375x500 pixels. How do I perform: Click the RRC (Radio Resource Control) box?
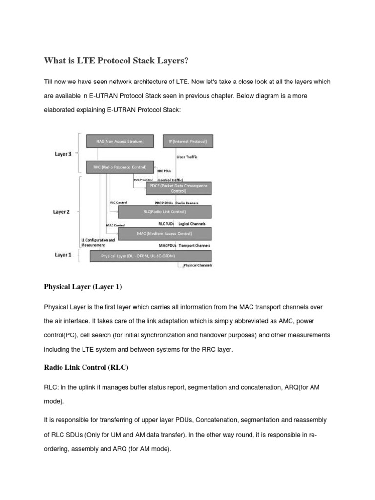point(120,167)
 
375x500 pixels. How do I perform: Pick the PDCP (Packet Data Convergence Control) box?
point(179,188)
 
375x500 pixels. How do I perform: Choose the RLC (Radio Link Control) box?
point(165,212)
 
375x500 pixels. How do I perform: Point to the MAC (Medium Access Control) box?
point(165,234)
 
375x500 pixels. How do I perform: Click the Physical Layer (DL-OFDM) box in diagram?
point(150,256)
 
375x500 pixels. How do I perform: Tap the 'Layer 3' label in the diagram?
point(63,154)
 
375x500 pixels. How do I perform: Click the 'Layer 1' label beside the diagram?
point(63,255)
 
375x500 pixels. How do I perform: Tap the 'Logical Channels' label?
point(192,224)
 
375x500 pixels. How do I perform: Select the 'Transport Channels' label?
point(195,245)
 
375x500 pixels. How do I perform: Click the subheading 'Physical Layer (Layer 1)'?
point(83,287)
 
